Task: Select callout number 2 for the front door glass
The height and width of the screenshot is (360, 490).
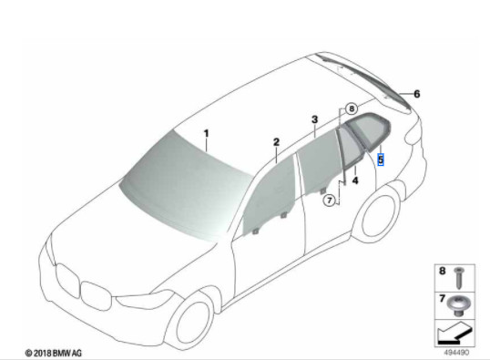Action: point(275,143)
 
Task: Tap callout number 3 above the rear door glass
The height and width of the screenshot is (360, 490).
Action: point(313,119)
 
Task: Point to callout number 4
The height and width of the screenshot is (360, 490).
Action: point(356,180)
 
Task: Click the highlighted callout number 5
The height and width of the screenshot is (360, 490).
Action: point(380,158)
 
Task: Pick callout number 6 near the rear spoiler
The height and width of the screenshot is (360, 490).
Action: point(417,93)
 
